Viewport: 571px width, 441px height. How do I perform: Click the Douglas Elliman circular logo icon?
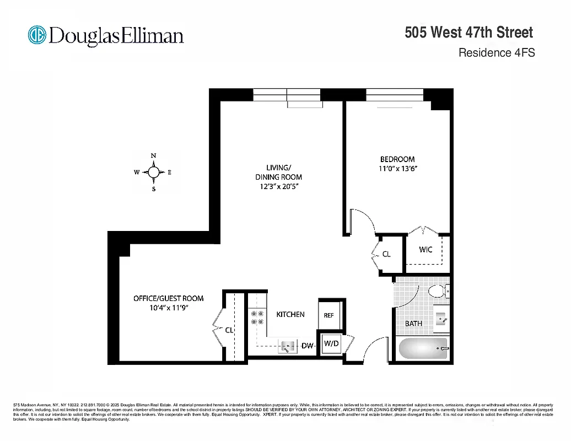(37, 35)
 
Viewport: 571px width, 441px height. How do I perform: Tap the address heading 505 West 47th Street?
(469, 33)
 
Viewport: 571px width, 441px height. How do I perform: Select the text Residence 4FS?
(497, 53)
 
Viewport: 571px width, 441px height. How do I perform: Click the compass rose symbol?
(154, 173)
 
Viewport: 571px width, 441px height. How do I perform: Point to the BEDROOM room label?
(397, 159)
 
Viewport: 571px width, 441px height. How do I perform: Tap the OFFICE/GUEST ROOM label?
(168, 298)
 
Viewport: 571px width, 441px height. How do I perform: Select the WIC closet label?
(425, 249)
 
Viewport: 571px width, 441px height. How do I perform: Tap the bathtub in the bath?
(422, 349)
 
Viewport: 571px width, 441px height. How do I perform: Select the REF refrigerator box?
(329, 315)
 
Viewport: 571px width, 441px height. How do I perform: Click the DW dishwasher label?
(307, 346)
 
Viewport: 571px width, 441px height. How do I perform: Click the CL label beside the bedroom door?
(386, 254)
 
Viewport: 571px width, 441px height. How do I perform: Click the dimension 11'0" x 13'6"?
(397, 169)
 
